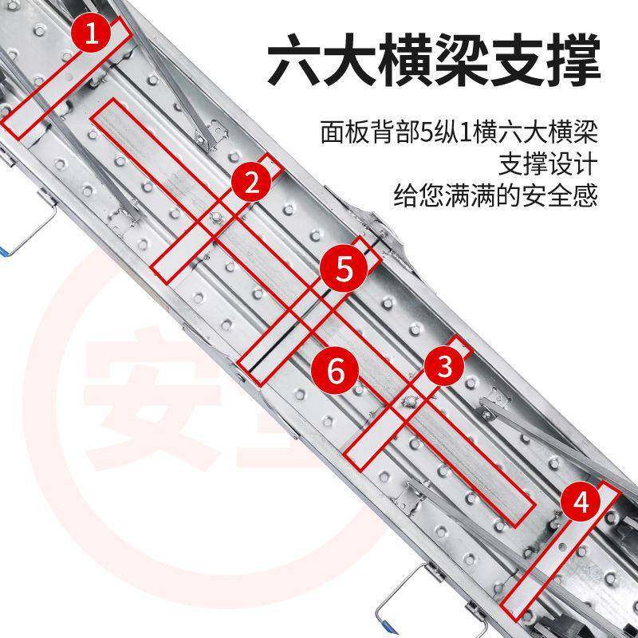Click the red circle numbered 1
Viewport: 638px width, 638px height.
tap(93, 33)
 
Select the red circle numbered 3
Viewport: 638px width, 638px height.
tap(445, 367)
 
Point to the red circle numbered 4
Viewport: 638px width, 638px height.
tap(582, 503)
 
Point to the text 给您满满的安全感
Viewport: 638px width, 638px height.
tap(495, 195)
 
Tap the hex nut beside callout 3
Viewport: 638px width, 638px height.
tap(412, 400)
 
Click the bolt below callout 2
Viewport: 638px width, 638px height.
tap(217, 217)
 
